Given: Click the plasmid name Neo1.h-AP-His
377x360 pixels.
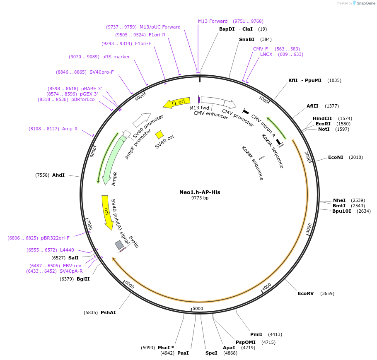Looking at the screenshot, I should tap(200, 192).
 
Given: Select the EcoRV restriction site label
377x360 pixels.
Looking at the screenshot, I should tap(305, 293).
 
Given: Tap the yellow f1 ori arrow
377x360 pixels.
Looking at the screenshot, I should tap(176, 102).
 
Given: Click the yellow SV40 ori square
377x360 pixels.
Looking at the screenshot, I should tap(159, 134).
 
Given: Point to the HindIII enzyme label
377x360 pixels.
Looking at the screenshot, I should tap(322, 118).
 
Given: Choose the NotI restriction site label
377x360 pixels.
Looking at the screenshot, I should tap(324, 129).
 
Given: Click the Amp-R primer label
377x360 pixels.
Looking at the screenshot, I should tap(70, 129).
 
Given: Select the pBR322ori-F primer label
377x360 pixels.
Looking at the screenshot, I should tap(55, 238).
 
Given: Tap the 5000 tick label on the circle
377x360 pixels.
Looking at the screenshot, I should tap(198, 308).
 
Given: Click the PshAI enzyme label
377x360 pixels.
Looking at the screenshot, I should tap(108, 312).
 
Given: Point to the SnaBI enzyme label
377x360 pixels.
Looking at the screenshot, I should tap(247, 39).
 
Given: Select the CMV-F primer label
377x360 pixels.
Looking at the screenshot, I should tap(261, 49).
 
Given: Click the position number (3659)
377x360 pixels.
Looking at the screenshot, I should tap(327, 293).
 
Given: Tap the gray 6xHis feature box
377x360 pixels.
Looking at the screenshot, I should tap(119, 245).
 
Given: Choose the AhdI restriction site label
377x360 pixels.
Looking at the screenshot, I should tap(58, 175).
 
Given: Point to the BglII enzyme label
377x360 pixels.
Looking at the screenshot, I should tap(83, 279).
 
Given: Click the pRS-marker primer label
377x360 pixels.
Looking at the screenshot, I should tap(116, 57).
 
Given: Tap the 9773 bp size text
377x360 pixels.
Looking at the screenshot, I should tap(200, 198).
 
